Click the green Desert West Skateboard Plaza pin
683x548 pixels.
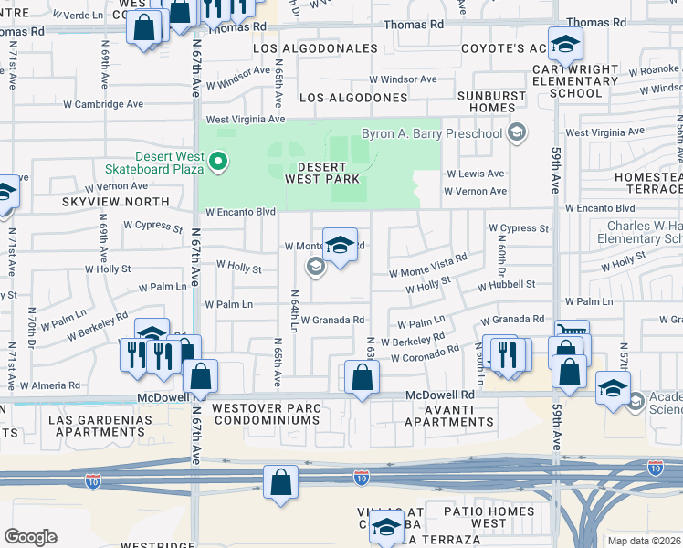tap(218, 163)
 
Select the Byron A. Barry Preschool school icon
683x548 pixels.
tap(518, 134)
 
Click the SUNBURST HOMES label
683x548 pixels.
tap(478, 101)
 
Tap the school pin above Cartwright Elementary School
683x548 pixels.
tap(566, 47)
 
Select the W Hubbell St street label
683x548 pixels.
tap(506, 285)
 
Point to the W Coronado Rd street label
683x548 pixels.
tap(425, 353)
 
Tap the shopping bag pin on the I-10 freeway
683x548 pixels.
tap(281, 481)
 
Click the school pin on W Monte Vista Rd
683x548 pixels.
tap(340, 245)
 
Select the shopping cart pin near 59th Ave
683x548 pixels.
tap(572, 335)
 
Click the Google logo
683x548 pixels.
tap(30, 537)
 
